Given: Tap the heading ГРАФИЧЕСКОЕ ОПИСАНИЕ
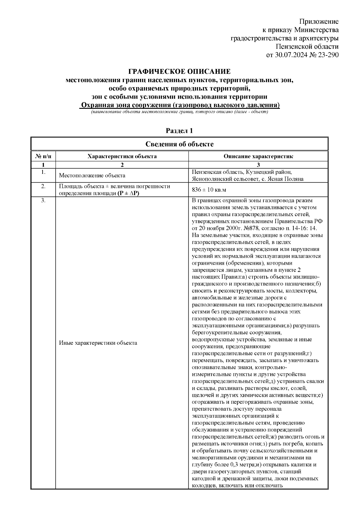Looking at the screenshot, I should (179, 72).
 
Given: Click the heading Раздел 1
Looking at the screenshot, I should (179, 131).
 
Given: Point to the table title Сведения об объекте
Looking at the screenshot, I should (179, 144).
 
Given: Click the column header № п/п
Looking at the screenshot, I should (43, 156).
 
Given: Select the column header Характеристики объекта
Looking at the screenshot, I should (122, 156).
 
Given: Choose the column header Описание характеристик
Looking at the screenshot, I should (258, 156).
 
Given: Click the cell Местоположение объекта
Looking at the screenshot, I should (92, 176).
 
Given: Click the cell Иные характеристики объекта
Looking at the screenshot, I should (98, 343).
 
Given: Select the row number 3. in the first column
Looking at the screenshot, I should (43, 201).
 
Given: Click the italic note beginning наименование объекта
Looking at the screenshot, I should (179, 112).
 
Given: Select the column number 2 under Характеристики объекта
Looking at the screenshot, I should (122, 165).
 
